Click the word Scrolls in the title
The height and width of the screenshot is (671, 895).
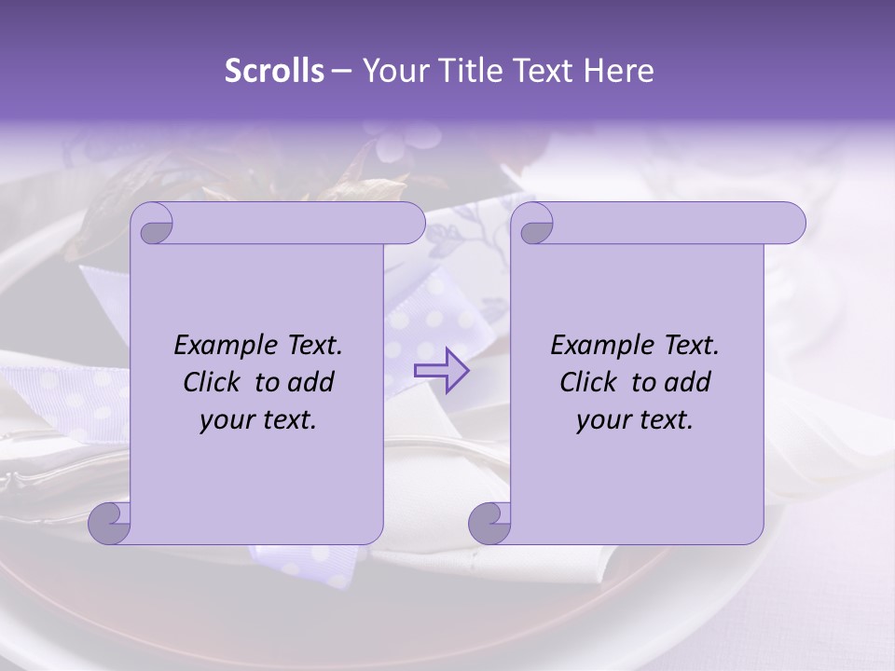[275, 71]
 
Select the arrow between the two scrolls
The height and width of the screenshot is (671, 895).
[441, 370]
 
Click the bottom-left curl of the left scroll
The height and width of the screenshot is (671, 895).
[108, 522]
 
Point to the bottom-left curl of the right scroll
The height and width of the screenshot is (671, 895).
[489, 522]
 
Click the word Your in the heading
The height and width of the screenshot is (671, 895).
[392, 71]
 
